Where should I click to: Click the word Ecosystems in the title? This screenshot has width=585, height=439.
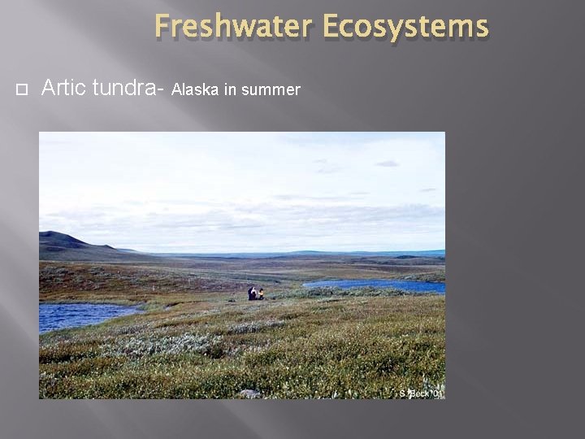pos(405,26)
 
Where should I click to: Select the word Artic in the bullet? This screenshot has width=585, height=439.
pos(64,88)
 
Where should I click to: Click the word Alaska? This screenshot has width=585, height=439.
pos(196,89)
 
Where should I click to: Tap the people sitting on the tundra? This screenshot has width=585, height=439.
pos(255,293)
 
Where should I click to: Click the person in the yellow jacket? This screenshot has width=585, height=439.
pos(260,294)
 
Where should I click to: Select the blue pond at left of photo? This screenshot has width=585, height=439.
pos(81,315)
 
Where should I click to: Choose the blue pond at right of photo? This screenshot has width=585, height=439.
pos(382,285)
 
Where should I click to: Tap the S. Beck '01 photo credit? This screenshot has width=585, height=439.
pos(421,393)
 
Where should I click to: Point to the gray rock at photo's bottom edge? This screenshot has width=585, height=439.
pos(249,393)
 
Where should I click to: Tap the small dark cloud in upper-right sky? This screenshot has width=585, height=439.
pos(387,163)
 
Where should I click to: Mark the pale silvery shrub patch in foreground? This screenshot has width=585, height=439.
pos(162,346)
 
